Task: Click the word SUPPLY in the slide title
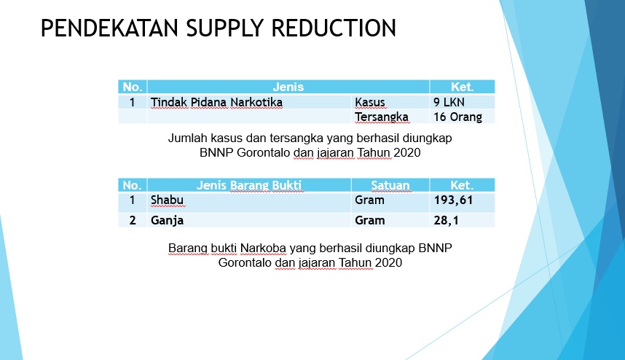[224, 28]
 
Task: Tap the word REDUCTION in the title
[334, 28]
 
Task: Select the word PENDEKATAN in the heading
[109, 28]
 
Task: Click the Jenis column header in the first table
[288, 87]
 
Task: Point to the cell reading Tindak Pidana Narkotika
[216, 103]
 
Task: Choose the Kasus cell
[370, 103]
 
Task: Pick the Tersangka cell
[382, 117]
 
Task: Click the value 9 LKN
[449, 103]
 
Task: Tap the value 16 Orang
[457, 117]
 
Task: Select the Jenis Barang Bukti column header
[249, 185]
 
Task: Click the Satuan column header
[390, 185]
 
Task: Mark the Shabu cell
[167, 200]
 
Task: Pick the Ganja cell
[167, 221]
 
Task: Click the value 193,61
[453, 200]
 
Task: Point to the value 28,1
[446, 221]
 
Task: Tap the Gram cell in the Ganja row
[369, 221]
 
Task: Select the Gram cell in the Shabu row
[369, 200]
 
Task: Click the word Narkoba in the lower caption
[263, 248]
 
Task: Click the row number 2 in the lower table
[133, 221]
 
